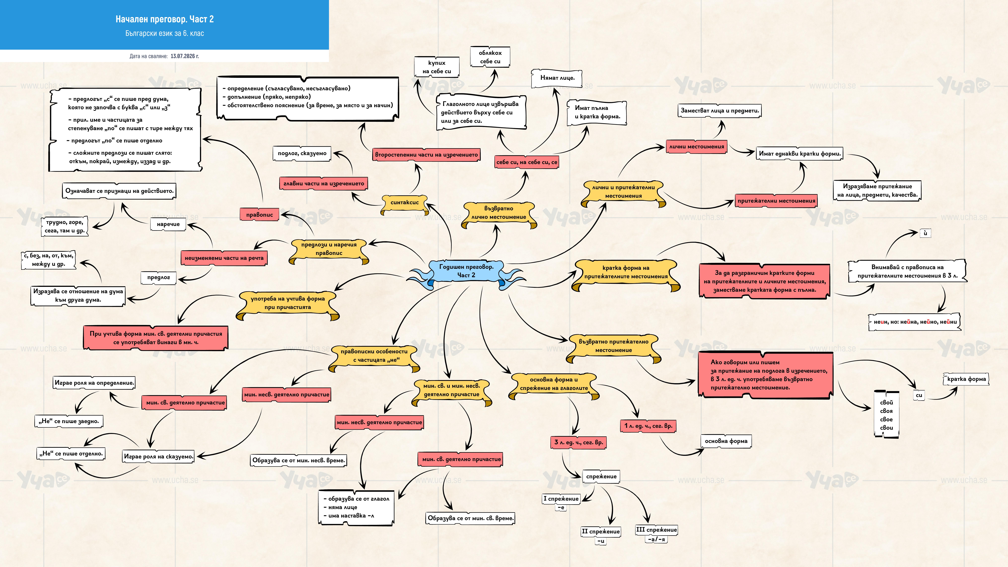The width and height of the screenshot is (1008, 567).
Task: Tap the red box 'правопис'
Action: point(259,214)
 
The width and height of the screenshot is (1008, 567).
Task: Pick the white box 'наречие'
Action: point(168,224)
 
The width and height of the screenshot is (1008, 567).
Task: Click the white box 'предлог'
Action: point(159,277)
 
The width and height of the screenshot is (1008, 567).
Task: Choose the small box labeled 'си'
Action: point(919,395)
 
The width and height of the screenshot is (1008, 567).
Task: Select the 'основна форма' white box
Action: point(726,441)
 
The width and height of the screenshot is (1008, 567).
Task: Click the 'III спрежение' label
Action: point(656,530)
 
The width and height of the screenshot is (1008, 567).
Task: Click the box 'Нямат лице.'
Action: point(557,78)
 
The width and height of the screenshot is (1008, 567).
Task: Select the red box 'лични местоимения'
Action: point(697,147)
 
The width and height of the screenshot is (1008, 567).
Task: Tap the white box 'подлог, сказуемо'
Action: point(302,153)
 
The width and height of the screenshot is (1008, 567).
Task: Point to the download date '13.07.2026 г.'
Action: point(185,56)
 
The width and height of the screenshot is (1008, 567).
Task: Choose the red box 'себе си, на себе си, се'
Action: point(527,162)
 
